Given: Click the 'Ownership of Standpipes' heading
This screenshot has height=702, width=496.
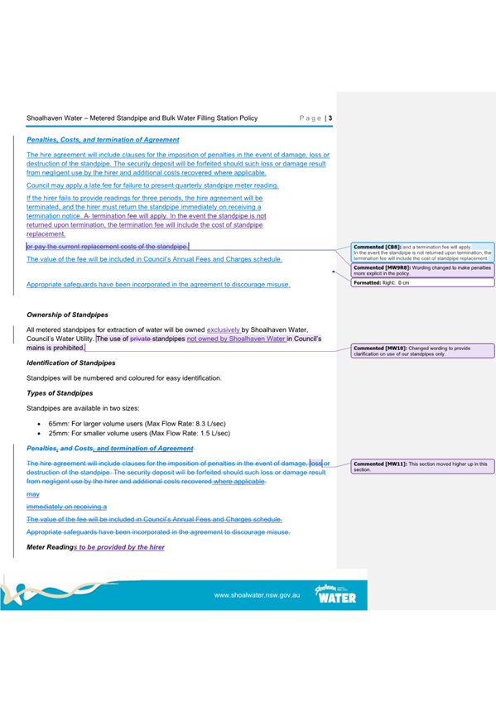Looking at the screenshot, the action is (x=62, y=315).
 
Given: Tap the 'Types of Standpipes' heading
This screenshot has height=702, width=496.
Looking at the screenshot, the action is (x=60, y=392).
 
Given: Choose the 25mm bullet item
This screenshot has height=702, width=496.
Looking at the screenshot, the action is (x=139, y=433).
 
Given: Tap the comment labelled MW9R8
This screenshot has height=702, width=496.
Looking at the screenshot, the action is (x=422, y=270).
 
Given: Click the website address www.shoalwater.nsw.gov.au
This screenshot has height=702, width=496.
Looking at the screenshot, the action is (x=256, y=595).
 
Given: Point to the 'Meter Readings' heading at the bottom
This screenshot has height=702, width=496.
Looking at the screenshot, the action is (x=95, y=547).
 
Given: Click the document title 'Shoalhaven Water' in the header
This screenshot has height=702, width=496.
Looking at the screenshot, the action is (x=60, y=118).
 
